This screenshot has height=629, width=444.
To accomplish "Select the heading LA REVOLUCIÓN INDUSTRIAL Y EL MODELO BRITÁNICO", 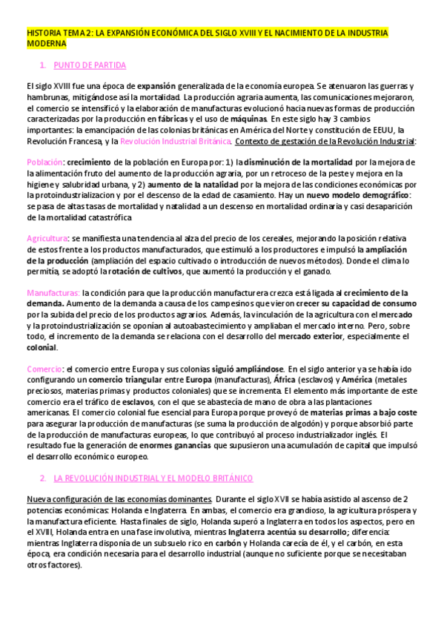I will (x=153, y=478).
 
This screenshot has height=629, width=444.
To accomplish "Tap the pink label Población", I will (x=44, y=161).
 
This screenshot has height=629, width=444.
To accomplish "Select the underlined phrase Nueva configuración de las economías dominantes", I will (x=118, y=500).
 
